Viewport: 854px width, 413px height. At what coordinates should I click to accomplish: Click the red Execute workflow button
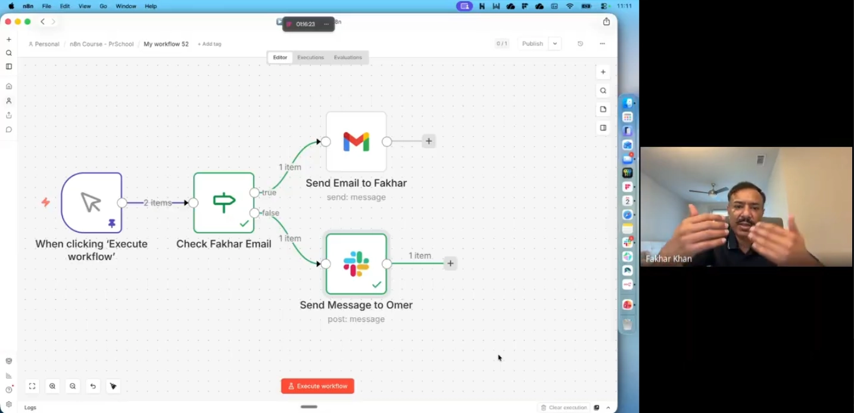pyautogui.click(x=317, y=386)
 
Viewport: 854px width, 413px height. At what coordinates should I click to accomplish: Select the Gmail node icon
pyautogui.click(x=356, y=142)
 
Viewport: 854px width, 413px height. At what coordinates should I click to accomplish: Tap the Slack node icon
pyautogui.click(x=356, y=264)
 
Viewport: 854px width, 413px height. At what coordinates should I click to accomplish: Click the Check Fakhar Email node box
pyautogui.click(x=224, y=203)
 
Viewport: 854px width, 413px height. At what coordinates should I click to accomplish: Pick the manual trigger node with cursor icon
pyautogui.click(x=92, y=203)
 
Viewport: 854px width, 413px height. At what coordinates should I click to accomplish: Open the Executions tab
pyautogui.click(x=310, y=58)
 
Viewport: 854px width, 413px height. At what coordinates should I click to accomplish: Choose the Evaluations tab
pyautogui.click(x=348, y=58)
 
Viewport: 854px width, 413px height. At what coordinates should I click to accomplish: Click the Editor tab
pyautogui.click(x=280, y=58)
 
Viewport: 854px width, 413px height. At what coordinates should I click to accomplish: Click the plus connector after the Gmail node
pyautogui.click(x=429, y=142)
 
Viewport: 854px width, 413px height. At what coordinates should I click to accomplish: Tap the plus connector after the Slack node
pyautogui.click(x=450, y=263)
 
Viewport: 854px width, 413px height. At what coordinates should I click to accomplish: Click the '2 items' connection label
pyautogui.click(x=157, y=203)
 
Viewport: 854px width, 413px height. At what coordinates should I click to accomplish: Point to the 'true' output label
pyautogui.click(x=269, y=192)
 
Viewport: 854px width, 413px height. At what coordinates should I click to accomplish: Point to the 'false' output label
pyautogui.click(x=271, y=212)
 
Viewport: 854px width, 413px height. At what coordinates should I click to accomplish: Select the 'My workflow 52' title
pyautogui.click(x=166, y=44)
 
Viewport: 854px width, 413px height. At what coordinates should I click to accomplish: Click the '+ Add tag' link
pyautogui.click(x=209, y=44)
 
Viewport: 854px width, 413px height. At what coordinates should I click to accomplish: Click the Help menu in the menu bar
pyautogui.click(x=151, y=6)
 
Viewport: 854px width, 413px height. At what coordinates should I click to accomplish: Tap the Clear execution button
pyautogui.click(x=564, y=407)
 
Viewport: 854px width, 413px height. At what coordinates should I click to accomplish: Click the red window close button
pyautogui.click(x=8, y=21)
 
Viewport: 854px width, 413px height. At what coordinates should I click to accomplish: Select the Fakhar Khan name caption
pyautogui.click(x=668, y=259)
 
